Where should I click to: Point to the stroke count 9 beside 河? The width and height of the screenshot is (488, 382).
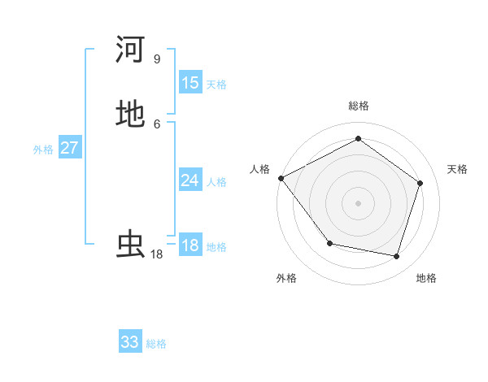pyautogui.click(x=156, y=59)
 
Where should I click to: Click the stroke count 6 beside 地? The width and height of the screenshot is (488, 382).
pyautogui.click(x=156, y=124)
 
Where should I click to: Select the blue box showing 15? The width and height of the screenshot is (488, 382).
pyautogui.click(x=190, y=83)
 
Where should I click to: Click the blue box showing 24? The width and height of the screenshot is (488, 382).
pyautogui.click(x=190, y=180)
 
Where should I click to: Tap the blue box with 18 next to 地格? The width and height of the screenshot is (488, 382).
pyautogui.click(x=190, y=245)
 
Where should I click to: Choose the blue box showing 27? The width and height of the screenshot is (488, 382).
pyautogui.click(x=70, y=148)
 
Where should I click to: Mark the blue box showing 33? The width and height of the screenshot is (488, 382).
pyautogui.click(x=130, y=342)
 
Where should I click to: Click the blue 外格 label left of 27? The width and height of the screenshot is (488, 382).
pyautogui.click(x=43, y=150)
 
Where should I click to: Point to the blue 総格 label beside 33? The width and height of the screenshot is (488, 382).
pyautogui.click(x=156, y=344)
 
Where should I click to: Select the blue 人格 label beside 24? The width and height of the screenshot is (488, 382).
pyautogui.click(x=216, y=182)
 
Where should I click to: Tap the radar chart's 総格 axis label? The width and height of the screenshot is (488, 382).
pyautogui.click(x=359, y=106)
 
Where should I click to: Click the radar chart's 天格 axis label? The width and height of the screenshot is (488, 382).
pyautogui.click(x=457, y=169)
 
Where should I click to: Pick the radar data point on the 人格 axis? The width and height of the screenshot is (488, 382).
pyautogui.click(x=281, y=178)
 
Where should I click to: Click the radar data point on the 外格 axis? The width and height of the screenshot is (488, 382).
pyautogui.click(x=329, y=243)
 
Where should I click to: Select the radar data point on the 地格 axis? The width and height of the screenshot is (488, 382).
pyautogui.click(x=396, y=256)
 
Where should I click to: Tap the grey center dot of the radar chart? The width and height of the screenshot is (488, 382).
pyautogui.click(x=359, y=202)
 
